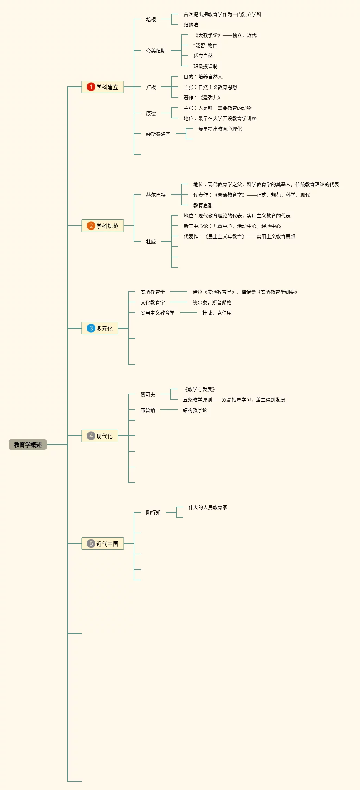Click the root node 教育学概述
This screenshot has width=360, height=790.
tap(28, 444)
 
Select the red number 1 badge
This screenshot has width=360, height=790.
tap(91, 87)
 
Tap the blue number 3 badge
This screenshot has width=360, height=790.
tap(91, 328)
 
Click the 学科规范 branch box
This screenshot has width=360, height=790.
tap(103, 226)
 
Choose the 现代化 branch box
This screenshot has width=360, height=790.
tap(100, 436)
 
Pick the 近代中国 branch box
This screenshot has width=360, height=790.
tap(103, 543)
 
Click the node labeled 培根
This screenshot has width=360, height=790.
tap(151, 19)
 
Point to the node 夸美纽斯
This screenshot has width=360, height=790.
tap(156, 51)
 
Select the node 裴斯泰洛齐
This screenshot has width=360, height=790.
tap(158, 134)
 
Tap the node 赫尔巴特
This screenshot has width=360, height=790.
tap(156, 195)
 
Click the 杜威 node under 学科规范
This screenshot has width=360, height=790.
tap(151, 242)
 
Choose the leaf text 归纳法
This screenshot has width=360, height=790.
tap(191, 25)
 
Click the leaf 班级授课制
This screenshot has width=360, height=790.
tap(206, 66)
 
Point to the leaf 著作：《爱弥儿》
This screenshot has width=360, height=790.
tap(202, 98)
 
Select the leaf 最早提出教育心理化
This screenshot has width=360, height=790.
tap(220, 129)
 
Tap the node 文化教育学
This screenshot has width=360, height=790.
tap(153, 302)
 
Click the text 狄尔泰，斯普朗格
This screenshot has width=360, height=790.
tap(212, 302)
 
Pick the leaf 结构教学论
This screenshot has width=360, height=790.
tap(195, 410)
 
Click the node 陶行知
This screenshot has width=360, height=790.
tap(153, 513)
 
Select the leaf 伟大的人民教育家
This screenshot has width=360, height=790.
tap(208, 507)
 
